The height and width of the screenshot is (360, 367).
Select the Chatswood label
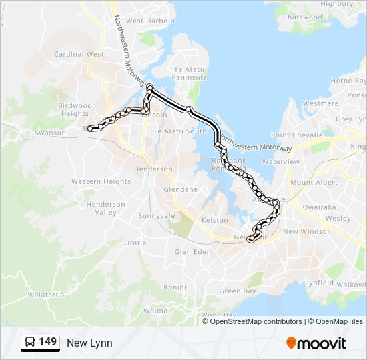(302, 17)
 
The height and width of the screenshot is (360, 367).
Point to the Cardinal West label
(79, 54)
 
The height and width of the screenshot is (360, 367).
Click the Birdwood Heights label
(75, 109)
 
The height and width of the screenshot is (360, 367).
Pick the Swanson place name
(51, 133)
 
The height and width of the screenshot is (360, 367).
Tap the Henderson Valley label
(105, 208)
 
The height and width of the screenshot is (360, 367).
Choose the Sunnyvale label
(156, 216)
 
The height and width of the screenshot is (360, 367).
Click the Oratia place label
(135, 243)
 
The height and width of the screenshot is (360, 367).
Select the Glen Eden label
(192, 252)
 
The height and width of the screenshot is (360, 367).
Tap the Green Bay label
(238, 291)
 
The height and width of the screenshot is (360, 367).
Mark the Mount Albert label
(310, 183)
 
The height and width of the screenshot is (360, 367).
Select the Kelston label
(215, 220)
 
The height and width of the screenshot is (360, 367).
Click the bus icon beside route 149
(30, 343)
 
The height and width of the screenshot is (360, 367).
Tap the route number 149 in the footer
(48, 342)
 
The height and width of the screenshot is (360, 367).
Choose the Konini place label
(175, 287)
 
